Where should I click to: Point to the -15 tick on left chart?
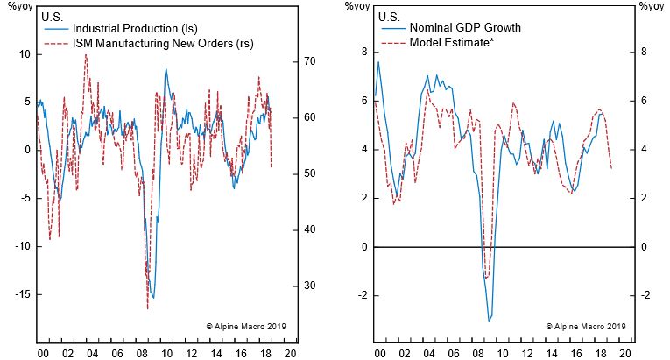point(19,294)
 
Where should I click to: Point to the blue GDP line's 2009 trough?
point(489,321)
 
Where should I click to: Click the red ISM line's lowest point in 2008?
point(148,308)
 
